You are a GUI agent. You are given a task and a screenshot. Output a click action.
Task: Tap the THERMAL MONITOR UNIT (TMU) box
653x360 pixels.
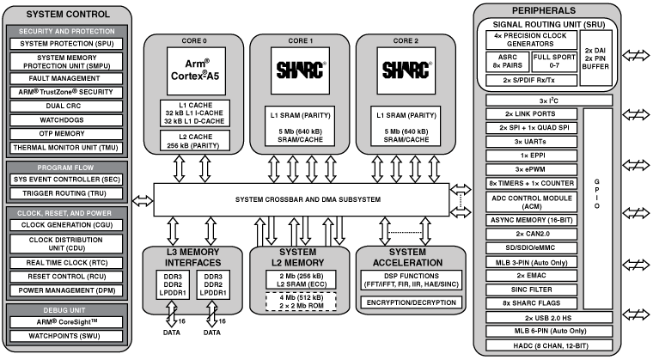(x=67, y=146)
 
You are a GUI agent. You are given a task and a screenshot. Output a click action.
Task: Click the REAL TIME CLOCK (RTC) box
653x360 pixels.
(x=67, y=261)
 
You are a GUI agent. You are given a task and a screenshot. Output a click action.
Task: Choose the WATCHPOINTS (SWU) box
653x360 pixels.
(x=67, y=336)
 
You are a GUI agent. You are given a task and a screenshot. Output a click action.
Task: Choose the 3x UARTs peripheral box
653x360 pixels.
(x=530, y=140)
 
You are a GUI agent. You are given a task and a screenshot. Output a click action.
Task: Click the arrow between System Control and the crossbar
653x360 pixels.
(x=143, y=202)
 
